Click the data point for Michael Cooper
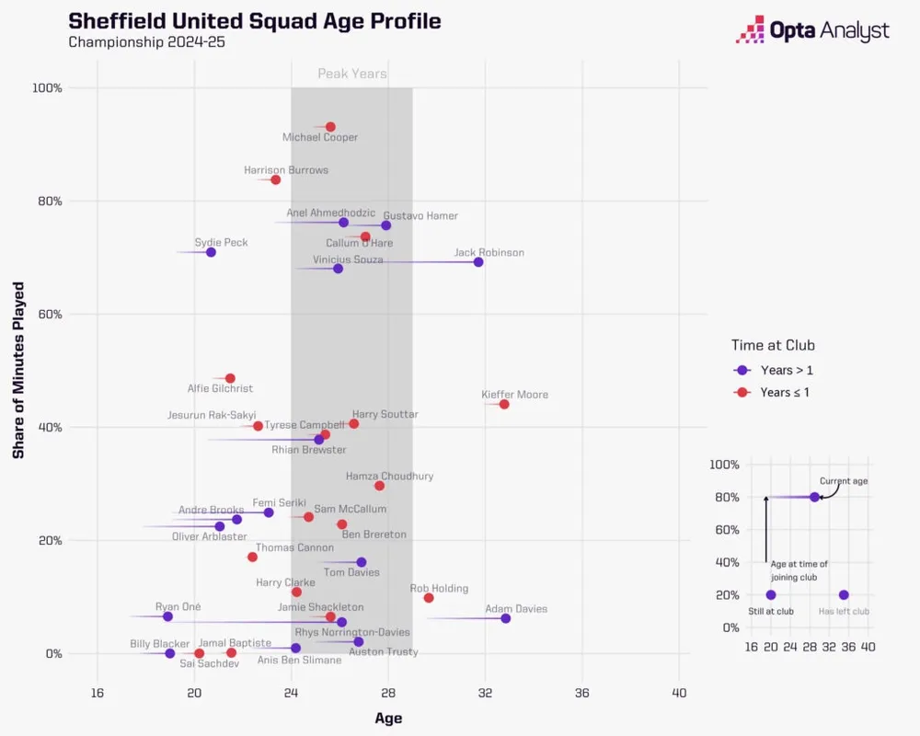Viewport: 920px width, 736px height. click(330, 127)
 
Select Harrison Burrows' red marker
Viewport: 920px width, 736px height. click(275, 179)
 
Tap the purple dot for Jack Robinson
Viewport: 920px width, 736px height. click(478, 262)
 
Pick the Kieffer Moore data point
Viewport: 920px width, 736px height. click(504, 404)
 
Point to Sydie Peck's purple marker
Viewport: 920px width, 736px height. click(211, 252)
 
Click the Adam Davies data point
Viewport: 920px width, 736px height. click(506, 618)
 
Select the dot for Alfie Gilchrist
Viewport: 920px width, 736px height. click(230, 378)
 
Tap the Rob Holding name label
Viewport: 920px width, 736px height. click(439, 589)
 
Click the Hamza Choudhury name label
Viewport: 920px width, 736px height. click(389, 477)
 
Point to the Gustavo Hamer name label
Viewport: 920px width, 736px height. click(420, 216)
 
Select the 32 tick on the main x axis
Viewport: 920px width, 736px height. click(485, 693)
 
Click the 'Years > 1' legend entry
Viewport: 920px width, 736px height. click(787, 371)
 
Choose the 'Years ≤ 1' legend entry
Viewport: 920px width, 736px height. click(787, 393)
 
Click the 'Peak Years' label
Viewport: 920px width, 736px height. click(352, 75)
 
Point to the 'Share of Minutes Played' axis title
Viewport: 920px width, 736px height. click(18, 371)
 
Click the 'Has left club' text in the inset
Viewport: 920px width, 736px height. click(844, 611)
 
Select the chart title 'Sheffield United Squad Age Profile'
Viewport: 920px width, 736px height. click(255, 21)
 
